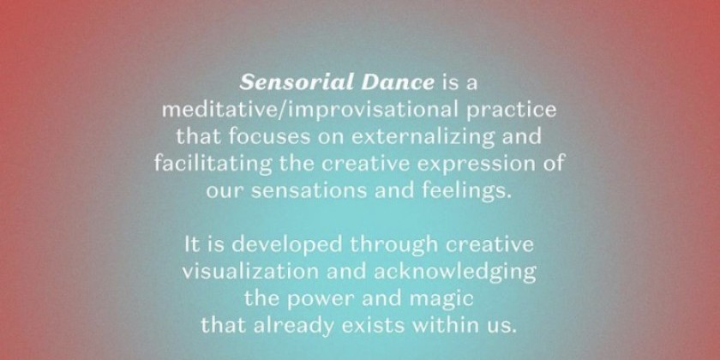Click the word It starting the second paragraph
point(192,245)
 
